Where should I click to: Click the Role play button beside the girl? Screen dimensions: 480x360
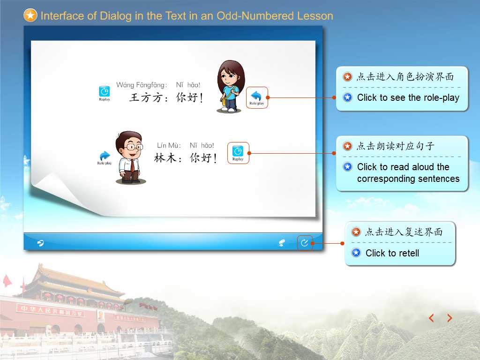(x=256, y=97)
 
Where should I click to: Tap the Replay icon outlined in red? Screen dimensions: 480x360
(x=238, y=153)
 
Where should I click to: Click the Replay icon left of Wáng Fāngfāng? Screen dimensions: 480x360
(x=105, y=93)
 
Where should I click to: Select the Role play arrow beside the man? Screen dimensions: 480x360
(x=105, y=157)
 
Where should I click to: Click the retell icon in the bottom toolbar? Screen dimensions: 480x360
(x=304, y=243)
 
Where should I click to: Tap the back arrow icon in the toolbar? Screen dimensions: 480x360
(x=40, y=243)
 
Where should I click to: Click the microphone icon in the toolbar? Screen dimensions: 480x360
(x=282, y=243)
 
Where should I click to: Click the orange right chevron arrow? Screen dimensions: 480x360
(x=450, y=318)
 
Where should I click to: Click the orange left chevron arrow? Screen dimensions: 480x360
(x=431, y=318)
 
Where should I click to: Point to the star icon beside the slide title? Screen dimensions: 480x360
(x=30, y=15)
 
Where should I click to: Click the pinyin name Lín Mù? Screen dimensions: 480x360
(x=169, y=145)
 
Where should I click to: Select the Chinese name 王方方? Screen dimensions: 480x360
(x=146, y=97)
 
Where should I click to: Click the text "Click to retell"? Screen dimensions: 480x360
(x=392, y=253)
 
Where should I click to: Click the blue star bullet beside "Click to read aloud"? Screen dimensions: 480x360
(x=347, y=166)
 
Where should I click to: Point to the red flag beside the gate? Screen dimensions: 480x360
(x=7, y=281)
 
